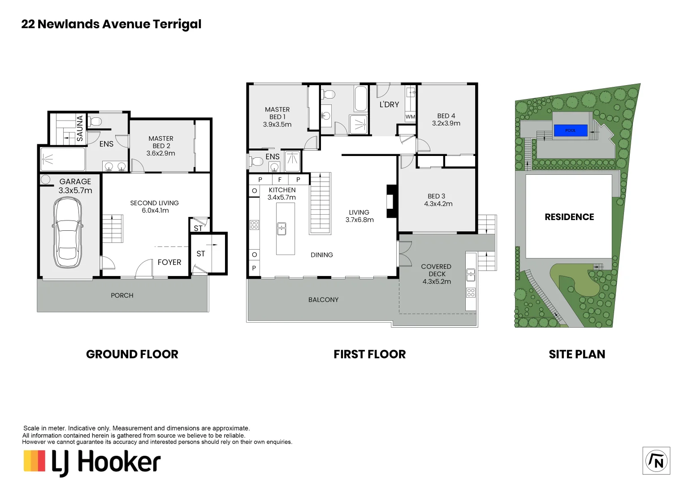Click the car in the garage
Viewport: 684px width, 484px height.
pyautogui.click(x=67, y=233)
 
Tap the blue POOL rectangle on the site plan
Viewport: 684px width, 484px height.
pyautogui.click(x=570, y=130)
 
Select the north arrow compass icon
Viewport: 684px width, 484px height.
pyautogui.click(x=656, y=460)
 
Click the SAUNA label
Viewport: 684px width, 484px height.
pyautogui.click(x=80, y=128)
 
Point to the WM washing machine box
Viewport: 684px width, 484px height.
pyautogui.click(x=410, y=117)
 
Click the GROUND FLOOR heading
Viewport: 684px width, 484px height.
pyautogui.click(x=132, y=354)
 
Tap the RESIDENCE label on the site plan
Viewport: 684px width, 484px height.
pyautogui.click(x=569, y=217)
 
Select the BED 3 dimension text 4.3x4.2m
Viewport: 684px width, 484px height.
pyautogui.click(x=438, y=203)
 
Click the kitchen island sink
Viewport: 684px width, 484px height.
pyautogui.click(x=281, y=229)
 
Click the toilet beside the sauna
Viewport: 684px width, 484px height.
pyautogui.click(x=95, y=121)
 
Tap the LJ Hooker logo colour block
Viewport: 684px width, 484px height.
pyautogui.click(x=35, y=461)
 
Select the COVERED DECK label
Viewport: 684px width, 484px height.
pyautogui.click(x=436, y=270)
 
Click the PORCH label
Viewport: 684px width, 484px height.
pyautogui.click(x=122, y=295)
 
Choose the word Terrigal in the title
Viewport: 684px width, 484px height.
pyautogui.click(x=177, y=24)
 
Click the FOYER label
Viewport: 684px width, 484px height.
pyautogui.click(x=169, y=262)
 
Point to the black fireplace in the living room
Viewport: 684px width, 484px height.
pyautogui.click(x=391, y=201)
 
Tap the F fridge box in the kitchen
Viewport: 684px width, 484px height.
pyautogui.click(x=280, y=179)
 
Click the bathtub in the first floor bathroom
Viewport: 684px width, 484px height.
pyautogui.click(x=361, y=99)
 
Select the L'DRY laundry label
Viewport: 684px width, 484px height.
pyautogui.click(x=389, y=104)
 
